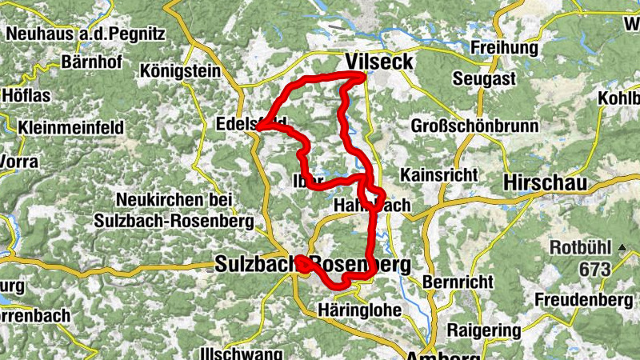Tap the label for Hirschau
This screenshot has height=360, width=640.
[x=544, y=183]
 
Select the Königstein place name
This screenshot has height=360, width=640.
[x=180, y=71]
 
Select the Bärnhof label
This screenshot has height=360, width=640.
[x=90, y=62]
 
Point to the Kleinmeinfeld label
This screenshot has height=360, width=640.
[x=70, y=127]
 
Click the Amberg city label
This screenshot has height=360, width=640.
[x=436, y=355]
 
